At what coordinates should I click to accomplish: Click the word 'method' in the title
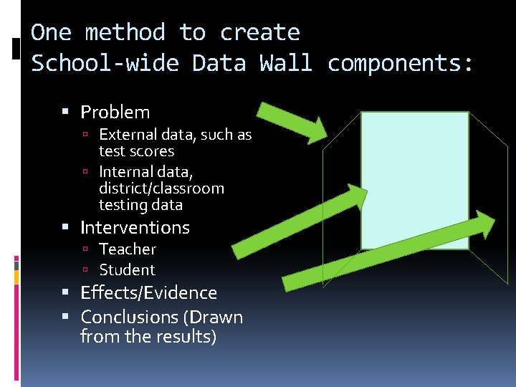(x=125, y=32)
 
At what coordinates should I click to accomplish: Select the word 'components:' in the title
(x=400, y=63)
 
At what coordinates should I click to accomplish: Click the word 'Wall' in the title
(x=286, y=63)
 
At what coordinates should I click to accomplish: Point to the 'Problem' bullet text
(x=115, y=113)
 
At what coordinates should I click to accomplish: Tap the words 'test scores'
(x=136, y=151)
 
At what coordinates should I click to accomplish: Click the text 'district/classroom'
(x=161, y=188)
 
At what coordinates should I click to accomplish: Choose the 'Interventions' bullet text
(x=135, y=228)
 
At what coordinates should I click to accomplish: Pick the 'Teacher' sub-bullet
(x=128, y=249)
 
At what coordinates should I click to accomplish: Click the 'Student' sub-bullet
(x=127, y=270)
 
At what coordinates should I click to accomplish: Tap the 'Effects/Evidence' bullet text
(x=148, y=293)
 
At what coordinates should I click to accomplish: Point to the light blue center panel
(x=414, y=179)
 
